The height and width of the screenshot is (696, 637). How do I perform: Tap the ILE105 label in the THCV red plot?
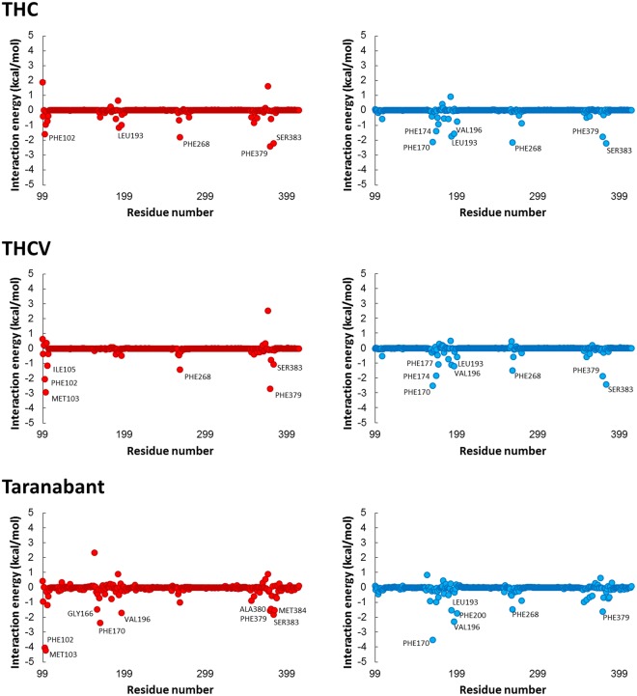click(65, 369)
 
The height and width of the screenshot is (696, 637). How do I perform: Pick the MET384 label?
click(291, 610)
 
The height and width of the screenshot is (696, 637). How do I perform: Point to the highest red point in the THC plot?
click(42, 82)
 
